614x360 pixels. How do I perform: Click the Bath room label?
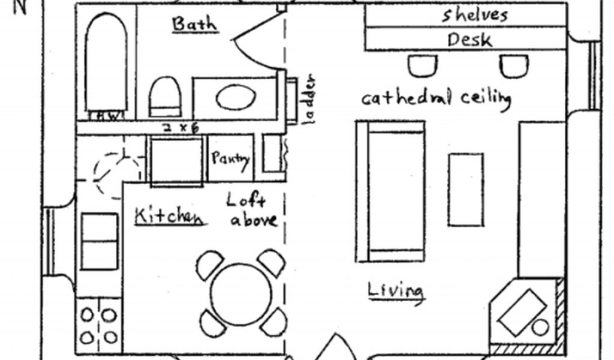point(194,24)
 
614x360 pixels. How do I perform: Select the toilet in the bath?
point(165,96)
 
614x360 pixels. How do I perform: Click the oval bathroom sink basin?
point(236,98)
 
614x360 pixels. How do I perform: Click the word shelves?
point(475,14)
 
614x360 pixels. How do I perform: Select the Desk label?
point(469,40)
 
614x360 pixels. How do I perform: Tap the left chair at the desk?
point(423,65)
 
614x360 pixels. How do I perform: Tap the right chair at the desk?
point(514,65)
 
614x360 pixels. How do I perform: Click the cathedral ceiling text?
point(436,97)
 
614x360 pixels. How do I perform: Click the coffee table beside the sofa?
point(466,190)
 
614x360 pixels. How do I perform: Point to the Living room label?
point(395,290)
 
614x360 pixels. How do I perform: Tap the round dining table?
point(241,295)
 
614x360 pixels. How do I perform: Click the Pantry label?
point(230,158)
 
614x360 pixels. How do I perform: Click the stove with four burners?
point(99,325)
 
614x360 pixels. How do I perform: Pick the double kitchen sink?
point(99,241)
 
